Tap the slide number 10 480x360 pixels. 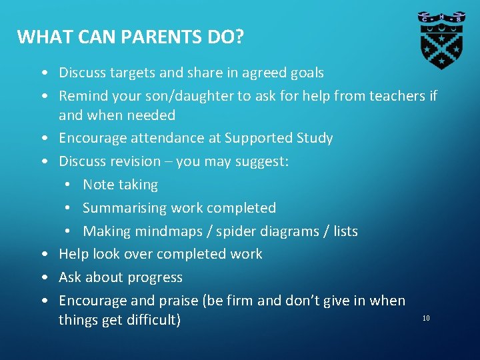pyautogui.click(x=426, y=318)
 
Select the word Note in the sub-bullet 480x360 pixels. pyautogui.click(x=97, y=185)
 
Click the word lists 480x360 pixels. pyautogui.click(x=345, y=231)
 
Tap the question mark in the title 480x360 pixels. pyautogui.click(x=238, y=37)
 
